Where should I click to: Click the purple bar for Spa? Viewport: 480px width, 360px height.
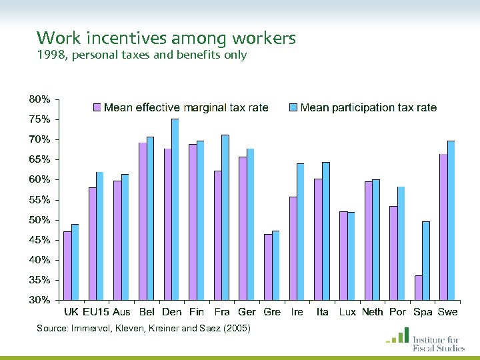(x=418, y=287)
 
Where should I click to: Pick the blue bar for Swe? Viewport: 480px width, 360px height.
(x=451, y=220)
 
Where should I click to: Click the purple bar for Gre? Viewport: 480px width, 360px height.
(x=268, y=267)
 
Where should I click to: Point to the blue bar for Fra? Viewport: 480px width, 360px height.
(x=225, y=217)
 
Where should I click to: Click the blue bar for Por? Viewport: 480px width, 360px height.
(x=401, y=243)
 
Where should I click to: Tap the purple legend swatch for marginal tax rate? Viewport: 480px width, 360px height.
(x=96, y=107)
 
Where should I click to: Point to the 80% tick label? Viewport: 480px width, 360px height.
(x=39, y=99)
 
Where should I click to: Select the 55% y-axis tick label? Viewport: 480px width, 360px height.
(x=39, y=200)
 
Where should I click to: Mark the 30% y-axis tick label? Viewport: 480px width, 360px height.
(x=39, y=300)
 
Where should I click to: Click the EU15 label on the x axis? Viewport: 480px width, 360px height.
(x=96, y=312)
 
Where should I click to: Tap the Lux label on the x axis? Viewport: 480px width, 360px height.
(x=347, y=312)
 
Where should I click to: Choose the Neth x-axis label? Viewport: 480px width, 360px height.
(x=372, y=312)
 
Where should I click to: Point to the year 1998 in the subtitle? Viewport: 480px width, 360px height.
(x=51, y=55)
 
